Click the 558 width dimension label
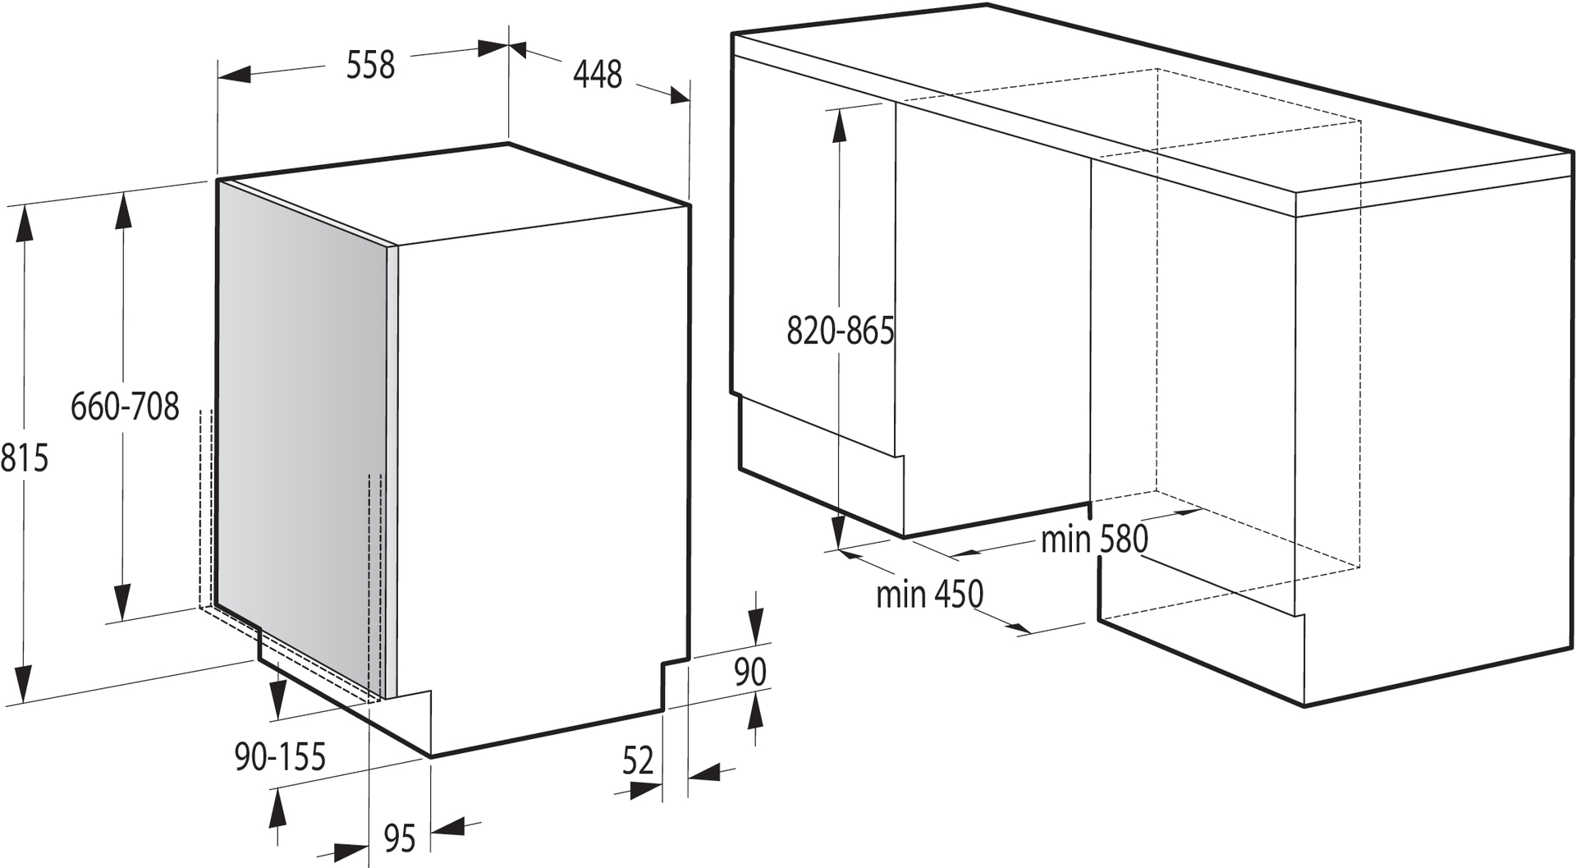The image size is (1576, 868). click(370, 65)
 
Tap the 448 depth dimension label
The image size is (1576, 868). click(598, 75)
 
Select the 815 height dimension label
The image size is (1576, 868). click(25, 457)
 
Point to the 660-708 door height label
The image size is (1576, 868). click(125, 406)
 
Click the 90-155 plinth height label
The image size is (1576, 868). click(281, 756)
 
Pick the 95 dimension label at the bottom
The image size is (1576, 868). click(400, 838)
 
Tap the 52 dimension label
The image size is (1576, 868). click(638, 761)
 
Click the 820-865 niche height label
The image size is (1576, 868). click(841, 331)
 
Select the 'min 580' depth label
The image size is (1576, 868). click(1094, 540)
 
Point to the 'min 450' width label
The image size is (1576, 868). click(929, 594)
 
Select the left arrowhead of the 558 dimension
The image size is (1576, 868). click(234, 74)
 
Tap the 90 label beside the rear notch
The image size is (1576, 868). click(750, 672)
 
